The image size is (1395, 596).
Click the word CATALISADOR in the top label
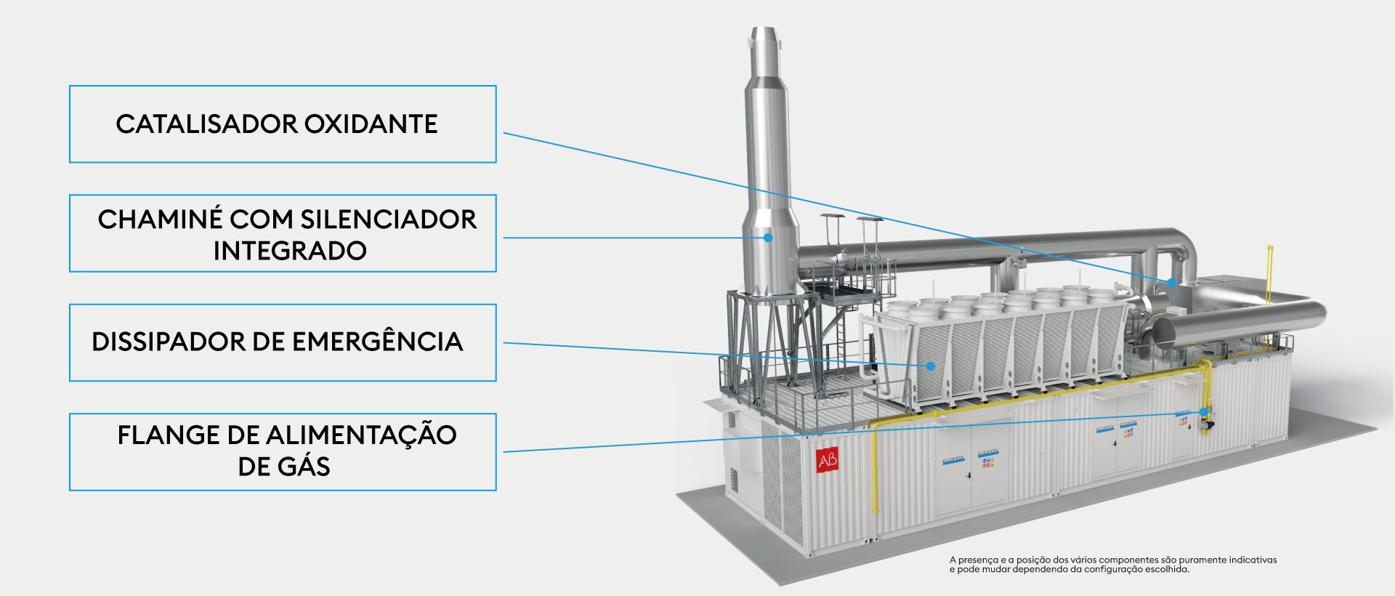coord(206,124)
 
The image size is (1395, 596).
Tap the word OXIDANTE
coord(371,124)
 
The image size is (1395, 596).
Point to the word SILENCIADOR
coord(389,220)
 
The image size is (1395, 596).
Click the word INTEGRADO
coord(289,251)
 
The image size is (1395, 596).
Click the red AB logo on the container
coord(827,460)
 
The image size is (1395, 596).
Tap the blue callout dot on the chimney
coord(767,237)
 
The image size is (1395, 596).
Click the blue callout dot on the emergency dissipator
coord(930,366)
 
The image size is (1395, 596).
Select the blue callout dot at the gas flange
coord(1203,412)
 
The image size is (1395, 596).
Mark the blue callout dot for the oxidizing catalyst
coord(1170,282)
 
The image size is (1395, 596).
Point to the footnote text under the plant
coord(1112,564)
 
